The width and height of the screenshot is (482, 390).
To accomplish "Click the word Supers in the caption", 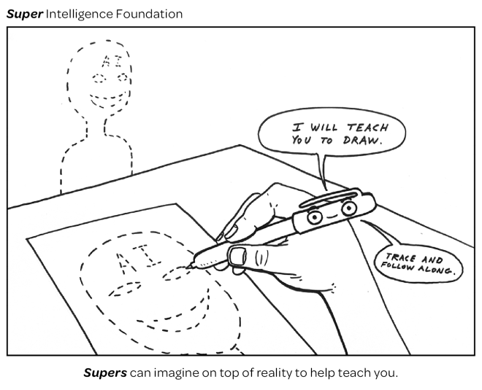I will pos(104,373).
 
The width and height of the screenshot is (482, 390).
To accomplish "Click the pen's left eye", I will pos(315,217).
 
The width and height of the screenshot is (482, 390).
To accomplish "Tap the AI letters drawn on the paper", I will pos(131,261).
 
